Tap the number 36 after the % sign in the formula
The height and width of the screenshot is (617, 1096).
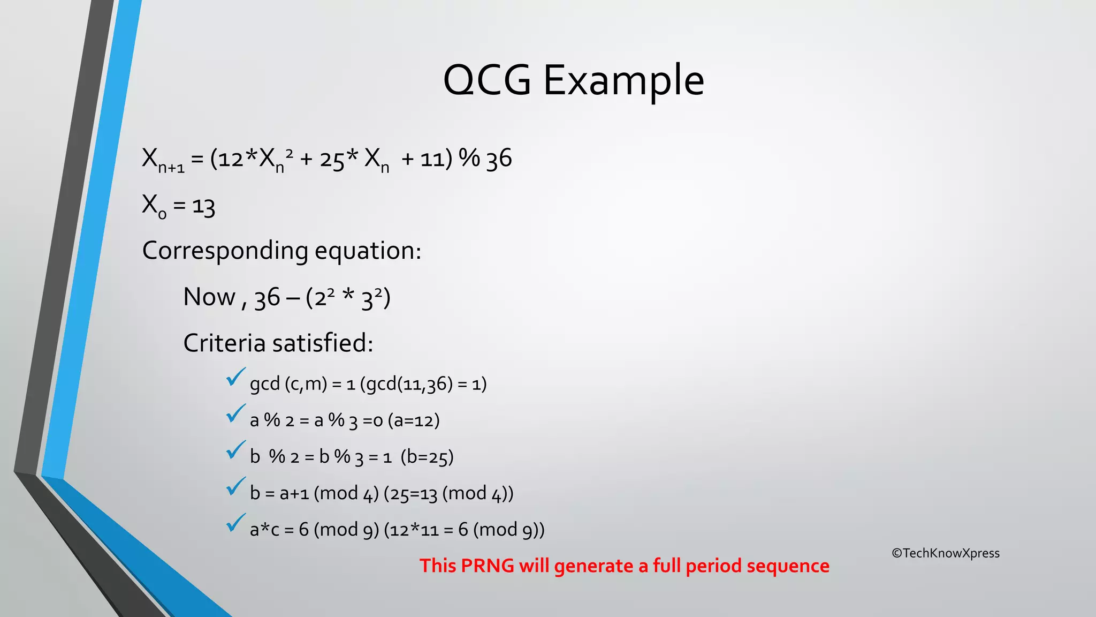point(499,159)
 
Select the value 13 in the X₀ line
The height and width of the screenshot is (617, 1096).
point(203,206)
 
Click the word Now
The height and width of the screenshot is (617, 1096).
point(209,297)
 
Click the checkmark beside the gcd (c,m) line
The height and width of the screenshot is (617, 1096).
point(235,377)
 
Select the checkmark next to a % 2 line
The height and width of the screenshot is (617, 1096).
point(235,413)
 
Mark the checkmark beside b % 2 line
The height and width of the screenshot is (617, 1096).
point(235,450)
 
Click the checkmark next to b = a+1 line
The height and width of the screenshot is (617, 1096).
point(235,486)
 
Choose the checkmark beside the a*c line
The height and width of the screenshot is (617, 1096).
point(235,523)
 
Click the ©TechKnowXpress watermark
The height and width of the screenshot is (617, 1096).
point(946,553)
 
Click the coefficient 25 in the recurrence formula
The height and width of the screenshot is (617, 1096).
point(332,160)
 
